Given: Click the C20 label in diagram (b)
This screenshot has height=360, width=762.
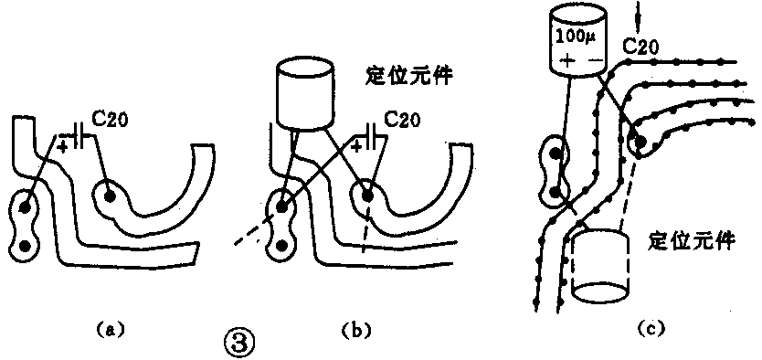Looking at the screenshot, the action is pos(401,119).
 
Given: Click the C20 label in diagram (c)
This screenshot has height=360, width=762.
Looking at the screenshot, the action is pos(640,48).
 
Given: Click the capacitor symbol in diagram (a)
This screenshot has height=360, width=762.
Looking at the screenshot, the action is pos(77,139).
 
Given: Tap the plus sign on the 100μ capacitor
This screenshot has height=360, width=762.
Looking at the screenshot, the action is pos(568,60).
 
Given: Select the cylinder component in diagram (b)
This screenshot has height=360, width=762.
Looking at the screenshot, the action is pos(304,97).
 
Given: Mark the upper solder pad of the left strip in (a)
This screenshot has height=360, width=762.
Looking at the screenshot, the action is pos(25,209).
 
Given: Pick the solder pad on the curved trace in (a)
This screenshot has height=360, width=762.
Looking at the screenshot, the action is pos(111,197).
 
